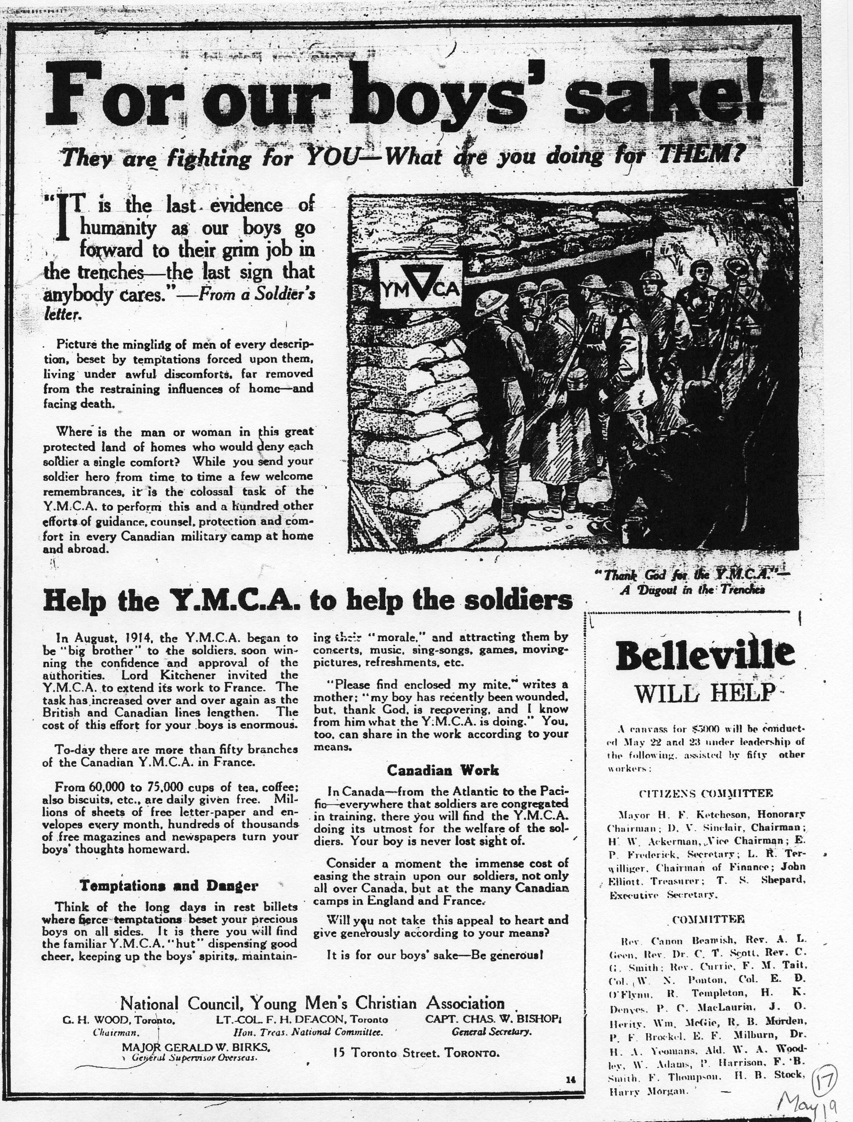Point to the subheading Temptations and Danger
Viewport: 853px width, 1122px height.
coord(169,886)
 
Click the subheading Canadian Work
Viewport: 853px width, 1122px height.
coord(443,770)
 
